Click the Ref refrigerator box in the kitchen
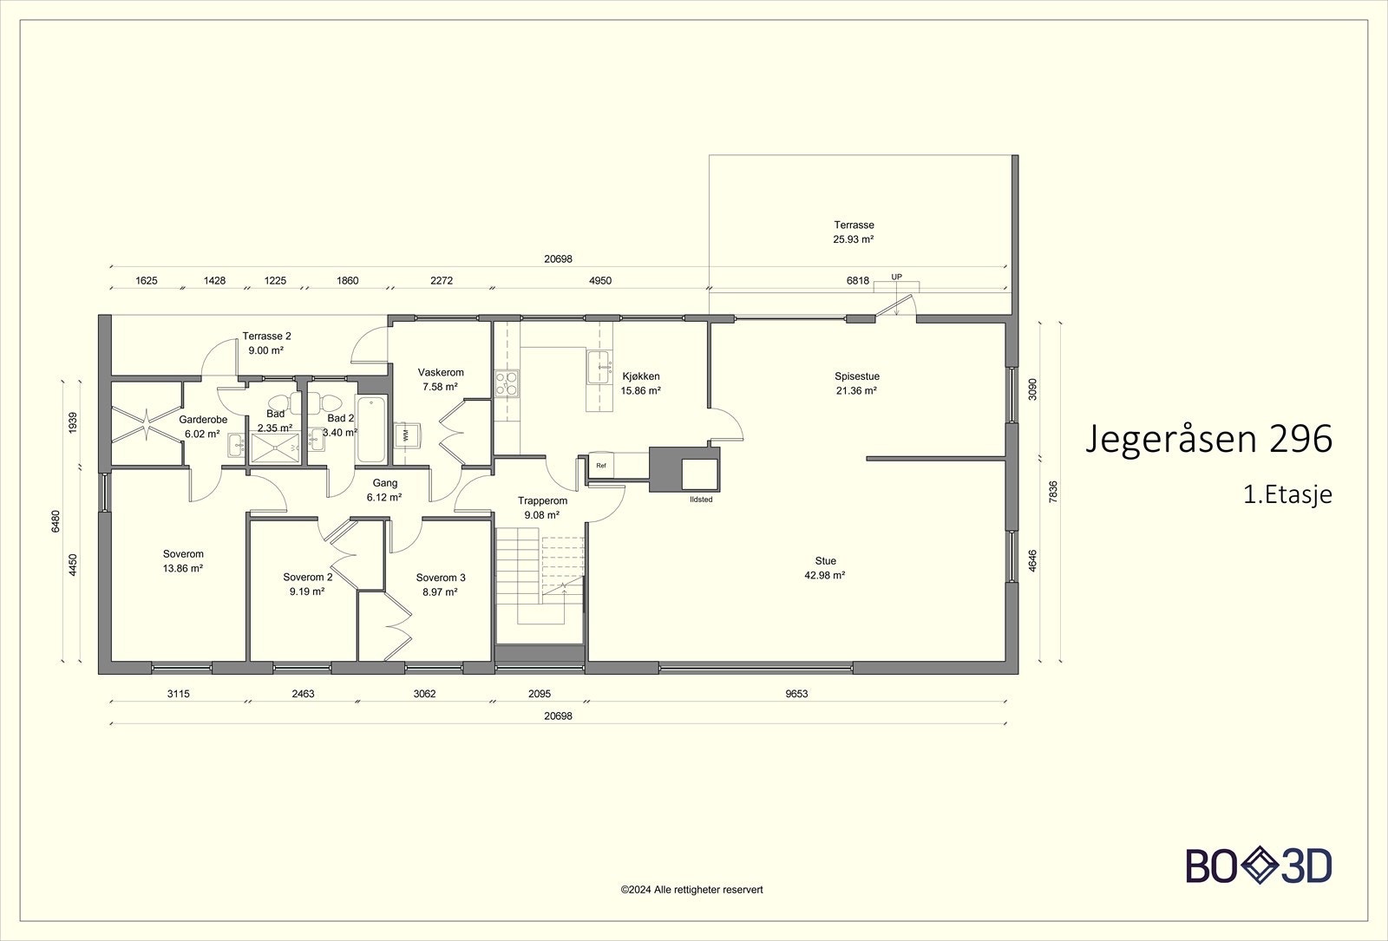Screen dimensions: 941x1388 601,466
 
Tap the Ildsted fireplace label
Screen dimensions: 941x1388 700,500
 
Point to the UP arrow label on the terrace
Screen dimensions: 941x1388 897,278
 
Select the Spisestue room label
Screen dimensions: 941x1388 857,376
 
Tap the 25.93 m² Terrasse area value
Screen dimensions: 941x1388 854,239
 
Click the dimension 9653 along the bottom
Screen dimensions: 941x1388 797,694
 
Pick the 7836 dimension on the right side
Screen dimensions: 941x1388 1052,492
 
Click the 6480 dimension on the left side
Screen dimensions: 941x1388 56,520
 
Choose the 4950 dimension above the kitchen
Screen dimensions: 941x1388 600,281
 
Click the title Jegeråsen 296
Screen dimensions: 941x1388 1208,440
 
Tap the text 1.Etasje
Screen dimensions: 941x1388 1287,495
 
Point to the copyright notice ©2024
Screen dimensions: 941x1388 691,890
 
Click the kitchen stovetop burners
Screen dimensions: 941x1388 506,382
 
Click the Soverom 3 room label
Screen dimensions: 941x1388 441,578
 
